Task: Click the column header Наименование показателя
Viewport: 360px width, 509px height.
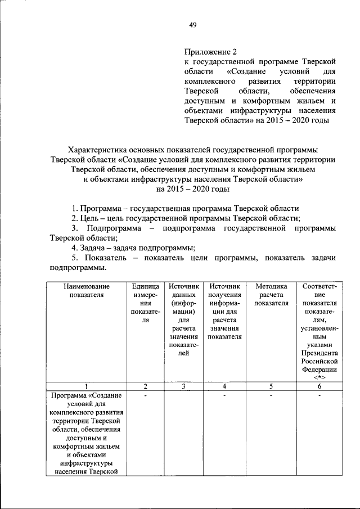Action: coord(87,290)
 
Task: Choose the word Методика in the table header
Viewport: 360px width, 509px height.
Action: coord(271,286)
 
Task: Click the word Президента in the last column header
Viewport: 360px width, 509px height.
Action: coord(319,353)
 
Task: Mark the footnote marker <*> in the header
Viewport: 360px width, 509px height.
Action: coord(319,377)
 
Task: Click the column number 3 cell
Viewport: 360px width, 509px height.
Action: coord(183,386)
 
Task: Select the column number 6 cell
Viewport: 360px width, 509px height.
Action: coord(319,386)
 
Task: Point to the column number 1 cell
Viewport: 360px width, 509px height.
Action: coord(87,386)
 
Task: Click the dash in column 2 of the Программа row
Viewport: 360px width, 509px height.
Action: coord(145,396)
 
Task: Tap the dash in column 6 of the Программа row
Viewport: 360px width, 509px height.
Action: coord(319,396)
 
